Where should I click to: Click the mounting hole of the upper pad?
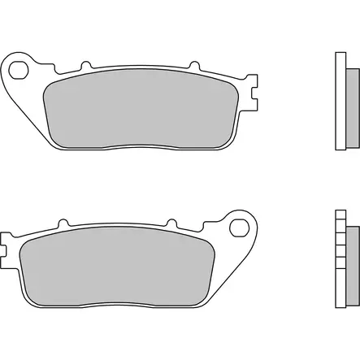click(x=24, y=67)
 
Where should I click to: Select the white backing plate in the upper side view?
click(x=340, y=102)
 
